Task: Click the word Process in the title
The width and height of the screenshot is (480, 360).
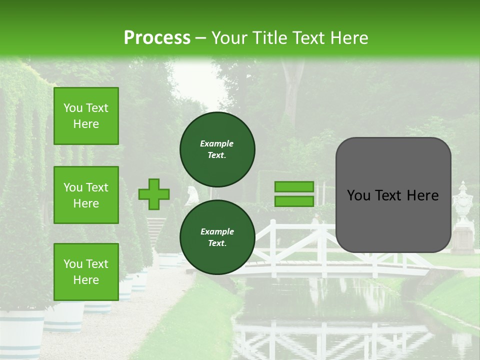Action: pos(157,37)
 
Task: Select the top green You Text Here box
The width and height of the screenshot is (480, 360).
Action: pos(86,116)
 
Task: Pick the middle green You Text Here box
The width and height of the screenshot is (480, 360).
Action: pos(86,195)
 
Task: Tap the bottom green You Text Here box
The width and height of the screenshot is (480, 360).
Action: pos(86,271)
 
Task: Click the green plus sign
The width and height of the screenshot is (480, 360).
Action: pos(154,194)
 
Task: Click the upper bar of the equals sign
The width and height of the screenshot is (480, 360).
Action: pos(294,187)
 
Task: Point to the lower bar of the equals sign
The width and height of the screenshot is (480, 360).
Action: pos(294,201)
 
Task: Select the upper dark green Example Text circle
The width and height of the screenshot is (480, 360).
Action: pos(217,149)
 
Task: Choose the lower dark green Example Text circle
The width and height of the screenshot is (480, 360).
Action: pos(217,237)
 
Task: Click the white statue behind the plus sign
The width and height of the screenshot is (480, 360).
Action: pos(192,196)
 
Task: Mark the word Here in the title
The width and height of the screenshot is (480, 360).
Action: pos(349,38)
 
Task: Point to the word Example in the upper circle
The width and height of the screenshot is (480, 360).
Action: pos(217,143)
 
